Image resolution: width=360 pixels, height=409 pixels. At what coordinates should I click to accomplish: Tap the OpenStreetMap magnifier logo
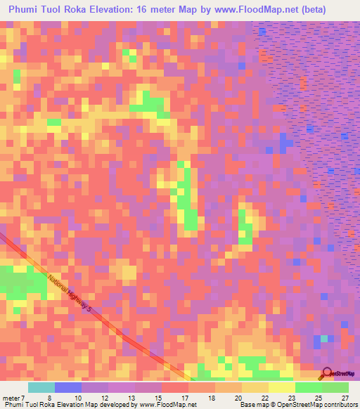click(327, 374)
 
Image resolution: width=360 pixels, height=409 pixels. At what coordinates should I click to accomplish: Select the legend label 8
click(50, 397)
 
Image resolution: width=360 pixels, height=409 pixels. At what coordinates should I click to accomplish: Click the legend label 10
click(77, 397)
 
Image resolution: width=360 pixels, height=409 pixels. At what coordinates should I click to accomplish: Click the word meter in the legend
click(13, 397)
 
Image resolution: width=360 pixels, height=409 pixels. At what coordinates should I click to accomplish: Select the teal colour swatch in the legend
click(41, 387)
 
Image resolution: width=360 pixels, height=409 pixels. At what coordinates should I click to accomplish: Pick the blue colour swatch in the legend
click(67, 387)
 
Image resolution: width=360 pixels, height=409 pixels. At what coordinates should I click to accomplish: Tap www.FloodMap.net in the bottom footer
click(167, 405)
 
